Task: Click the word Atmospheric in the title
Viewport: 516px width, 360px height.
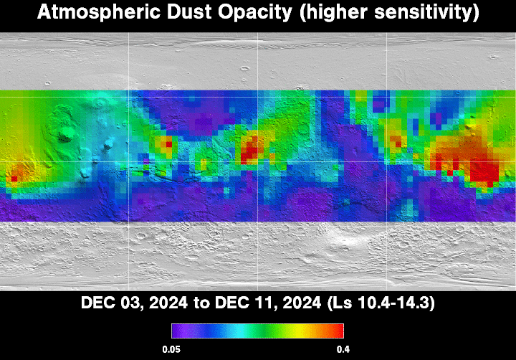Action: (x=99, y=12)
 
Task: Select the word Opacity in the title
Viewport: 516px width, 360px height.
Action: (x=255, y=13)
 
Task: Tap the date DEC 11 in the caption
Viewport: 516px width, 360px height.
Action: (x=244, y=303)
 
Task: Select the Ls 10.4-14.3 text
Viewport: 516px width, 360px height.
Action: (x=381, y=303)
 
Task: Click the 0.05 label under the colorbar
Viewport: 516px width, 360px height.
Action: (x=171, y=349)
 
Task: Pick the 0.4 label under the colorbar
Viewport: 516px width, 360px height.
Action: (x=343, y=349)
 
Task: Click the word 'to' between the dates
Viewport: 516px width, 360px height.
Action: (x=201, y=303)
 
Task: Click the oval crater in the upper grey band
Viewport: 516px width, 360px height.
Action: (x=245, y=69)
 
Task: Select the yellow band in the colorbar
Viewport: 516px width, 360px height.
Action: (x=298, y=331)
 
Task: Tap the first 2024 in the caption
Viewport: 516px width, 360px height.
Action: (x=168, y=303)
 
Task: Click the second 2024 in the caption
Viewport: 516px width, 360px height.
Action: (x=302, y=303)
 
